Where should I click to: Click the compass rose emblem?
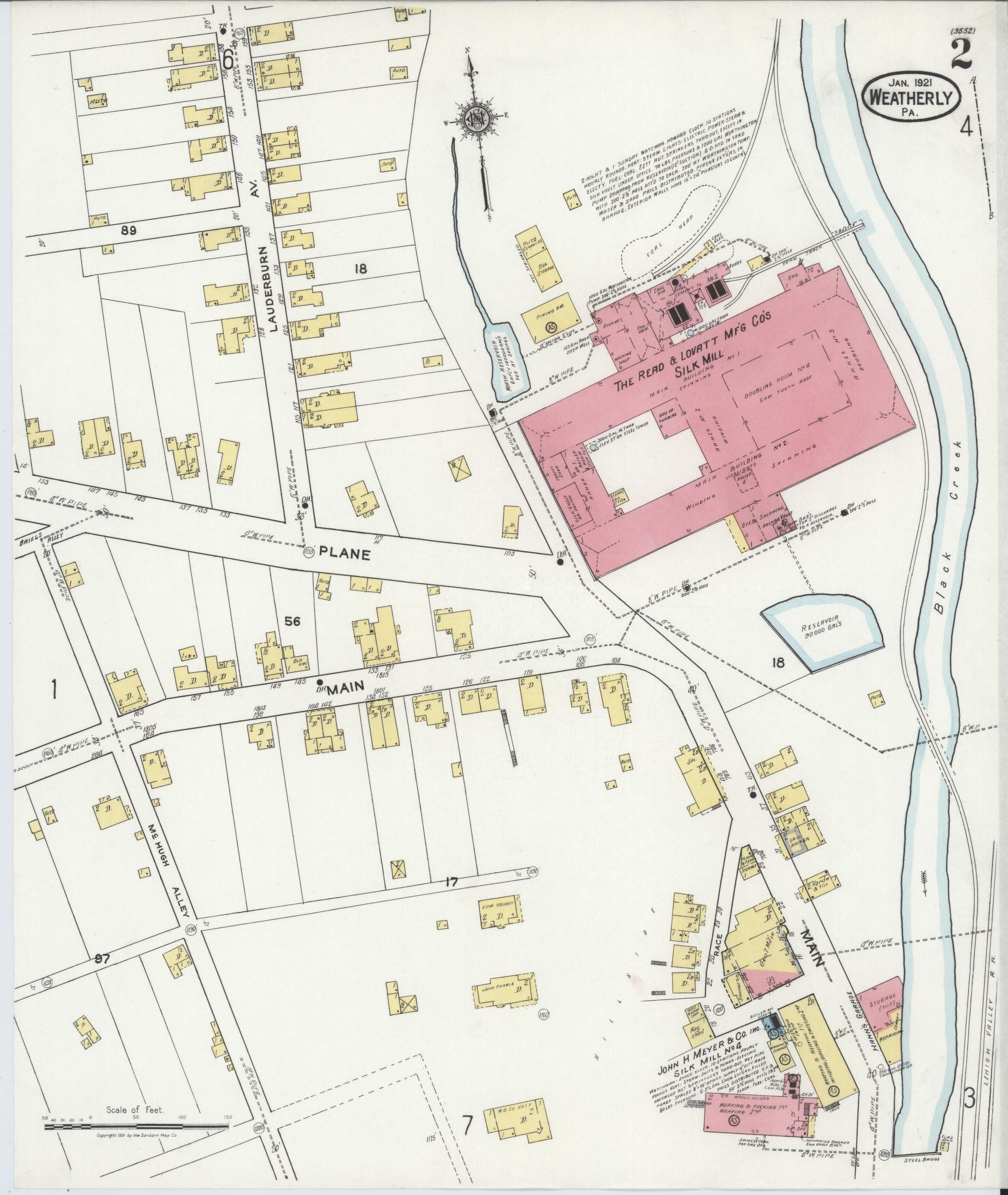(x=476, y=118)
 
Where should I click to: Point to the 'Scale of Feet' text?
(x=135, y=1110)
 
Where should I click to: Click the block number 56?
(x=292, y=621)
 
